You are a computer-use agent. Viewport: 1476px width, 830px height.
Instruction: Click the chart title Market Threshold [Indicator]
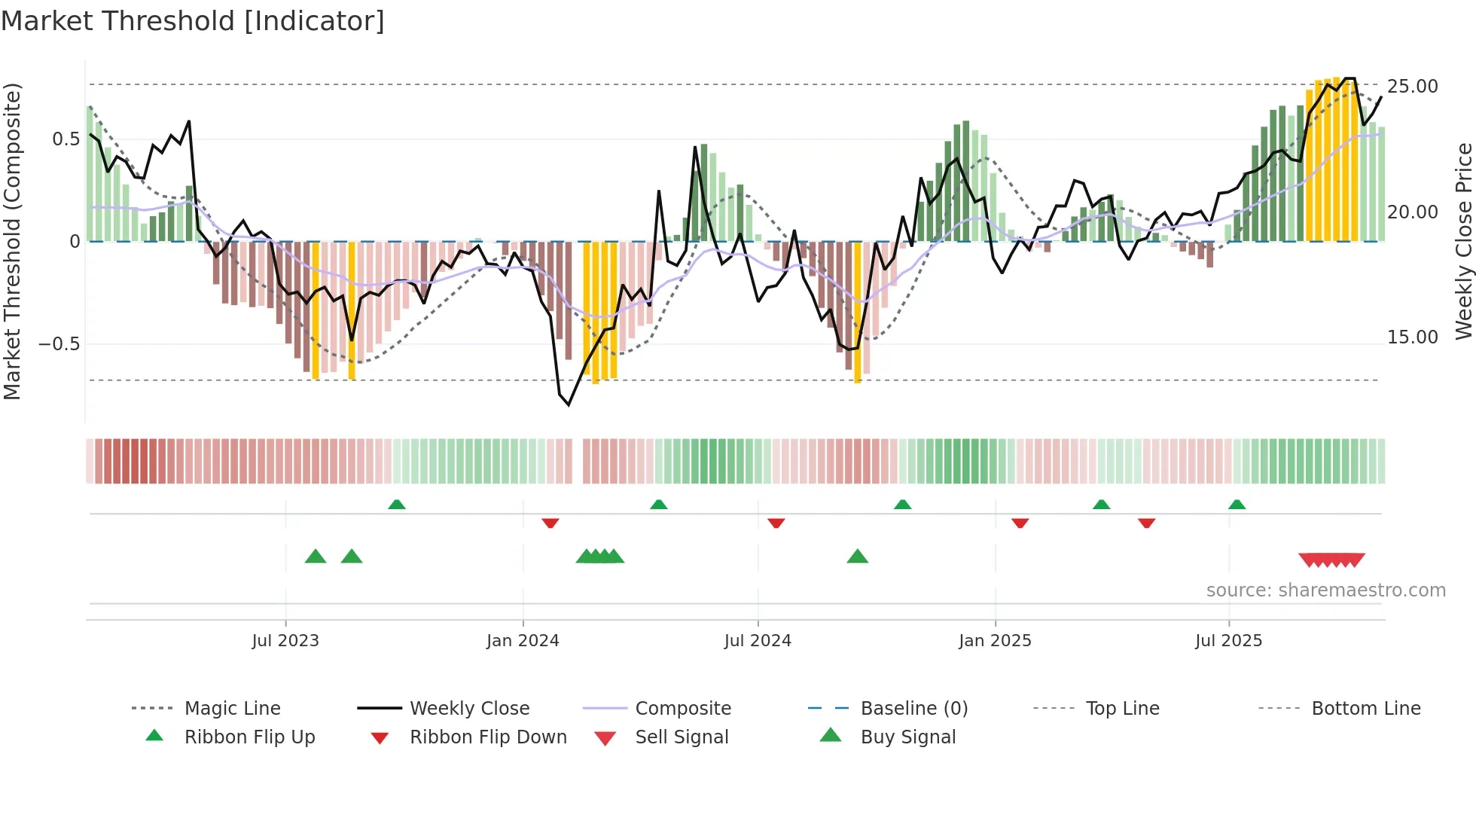193,21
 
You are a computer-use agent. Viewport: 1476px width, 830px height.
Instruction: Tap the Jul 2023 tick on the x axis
285,640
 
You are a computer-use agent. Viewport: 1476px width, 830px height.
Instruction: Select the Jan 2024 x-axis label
523,640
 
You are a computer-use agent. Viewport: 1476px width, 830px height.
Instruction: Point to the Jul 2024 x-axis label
758,640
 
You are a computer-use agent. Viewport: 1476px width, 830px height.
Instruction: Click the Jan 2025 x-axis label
995,640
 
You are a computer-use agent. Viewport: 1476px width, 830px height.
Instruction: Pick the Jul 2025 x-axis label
1228,640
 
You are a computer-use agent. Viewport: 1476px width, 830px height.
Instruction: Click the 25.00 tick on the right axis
1412,87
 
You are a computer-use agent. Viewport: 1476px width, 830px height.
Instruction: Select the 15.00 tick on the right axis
1412,337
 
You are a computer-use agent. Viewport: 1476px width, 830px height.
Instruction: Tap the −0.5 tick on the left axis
59,344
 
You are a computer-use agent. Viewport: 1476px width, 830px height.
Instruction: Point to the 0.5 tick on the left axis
66,139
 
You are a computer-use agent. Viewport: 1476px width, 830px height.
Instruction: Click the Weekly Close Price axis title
1462,241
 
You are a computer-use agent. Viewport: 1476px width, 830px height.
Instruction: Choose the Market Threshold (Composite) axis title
12,241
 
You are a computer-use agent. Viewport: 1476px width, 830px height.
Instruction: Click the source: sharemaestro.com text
1325,590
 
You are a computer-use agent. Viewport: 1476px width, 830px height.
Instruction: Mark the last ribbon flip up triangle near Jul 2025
1237,505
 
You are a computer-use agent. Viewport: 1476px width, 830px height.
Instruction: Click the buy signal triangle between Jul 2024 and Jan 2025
857,557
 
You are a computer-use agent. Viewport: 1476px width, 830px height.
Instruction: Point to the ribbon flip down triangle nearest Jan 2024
550,523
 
